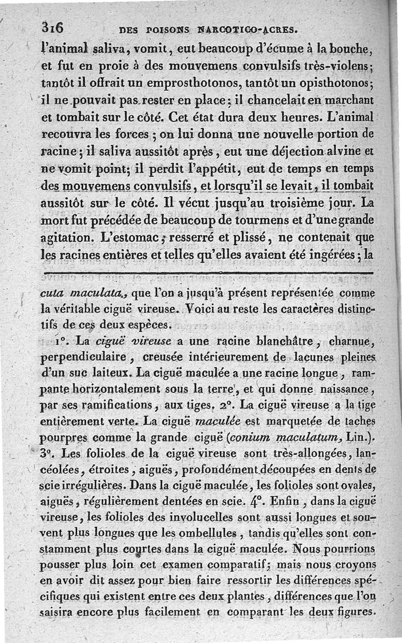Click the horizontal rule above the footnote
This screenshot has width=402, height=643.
click(x=209, y=273)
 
